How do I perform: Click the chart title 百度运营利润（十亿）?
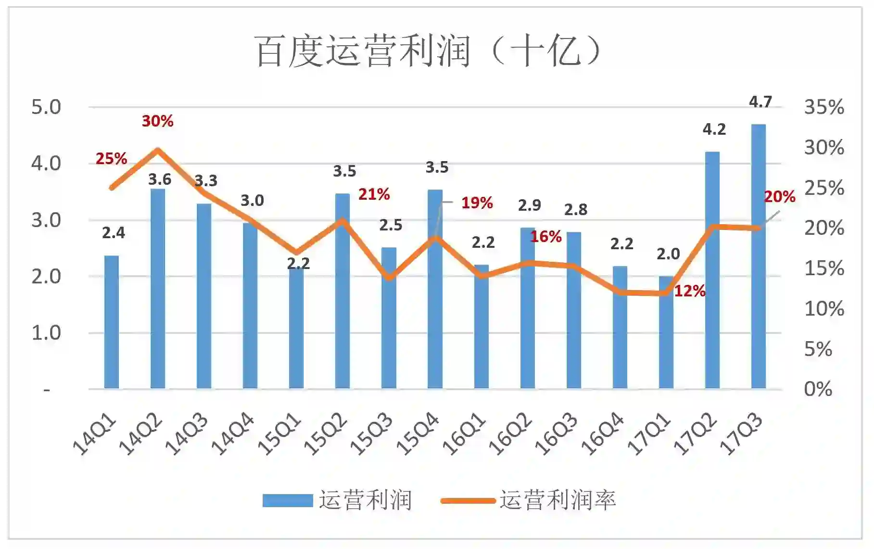pos(428,51)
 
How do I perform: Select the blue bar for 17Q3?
pos(758,255)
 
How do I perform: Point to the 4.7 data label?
pos(760,102)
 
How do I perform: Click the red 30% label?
pos(157,121)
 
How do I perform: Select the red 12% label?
pos(689,291)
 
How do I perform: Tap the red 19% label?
pos(477,203)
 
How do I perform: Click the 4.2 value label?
pos(714,129)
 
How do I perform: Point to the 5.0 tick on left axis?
pos(46,107)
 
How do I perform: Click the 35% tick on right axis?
pos(824,107)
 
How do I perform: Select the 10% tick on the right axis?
pos(824,308)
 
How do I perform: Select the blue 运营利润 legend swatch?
pos(288,500)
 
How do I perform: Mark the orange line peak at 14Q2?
pos(157,151)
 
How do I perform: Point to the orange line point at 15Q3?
pos(389,278)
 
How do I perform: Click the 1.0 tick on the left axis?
pos(46,332)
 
